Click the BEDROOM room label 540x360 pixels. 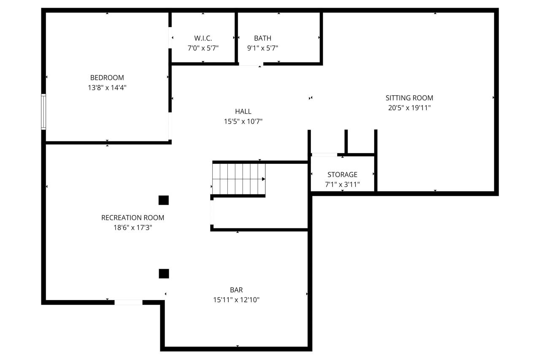(107, 78)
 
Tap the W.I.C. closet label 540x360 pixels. (203, 38)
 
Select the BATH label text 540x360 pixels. (262, 38)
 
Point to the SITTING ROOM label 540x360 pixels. (409, 98)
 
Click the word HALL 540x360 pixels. (243, 111)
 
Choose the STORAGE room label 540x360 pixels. (342, 174)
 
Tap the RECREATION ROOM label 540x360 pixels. (132, 218)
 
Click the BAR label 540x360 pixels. (236, 290)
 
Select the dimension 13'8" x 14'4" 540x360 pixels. (107, 87)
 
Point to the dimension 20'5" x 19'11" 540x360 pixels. (409, 108)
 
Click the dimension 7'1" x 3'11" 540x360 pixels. (342, 184)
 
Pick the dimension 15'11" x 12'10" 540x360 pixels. (236, 300)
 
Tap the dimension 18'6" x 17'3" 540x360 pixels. (132, 227)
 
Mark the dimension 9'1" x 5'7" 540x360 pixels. (262, 48)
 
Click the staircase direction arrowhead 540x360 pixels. (264, 179)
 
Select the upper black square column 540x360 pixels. (163, 200)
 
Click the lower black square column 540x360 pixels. (164, 273)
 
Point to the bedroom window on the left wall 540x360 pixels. (43, 112)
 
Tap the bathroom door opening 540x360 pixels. (251, 64)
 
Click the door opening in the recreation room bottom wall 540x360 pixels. (128, 302)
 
